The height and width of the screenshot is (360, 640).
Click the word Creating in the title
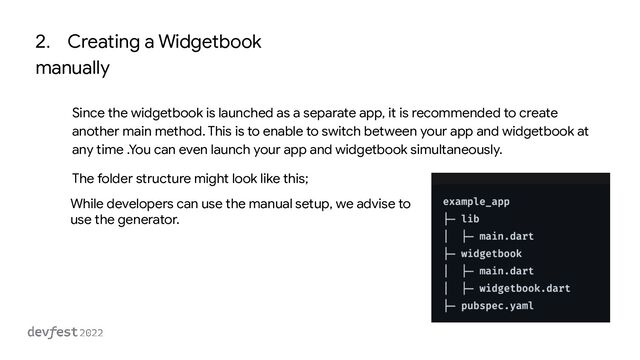105,42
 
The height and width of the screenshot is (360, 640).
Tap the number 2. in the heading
43,42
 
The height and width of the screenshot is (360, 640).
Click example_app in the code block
476,201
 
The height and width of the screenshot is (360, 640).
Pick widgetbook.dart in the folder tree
524,289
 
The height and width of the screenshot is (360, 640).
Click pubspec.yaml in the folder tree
496,306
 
